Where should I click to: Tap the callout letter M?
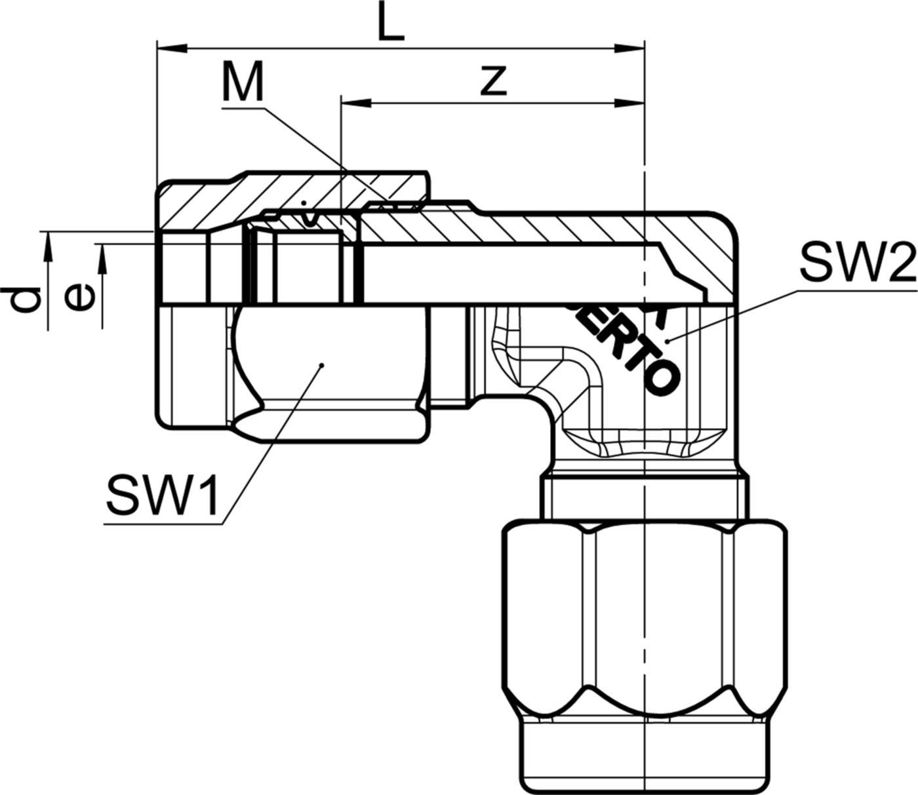pyautogui.click(x=242, y=81)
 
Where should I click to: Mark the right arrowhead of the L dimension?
pyautogui.click(x=629, y=48)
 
